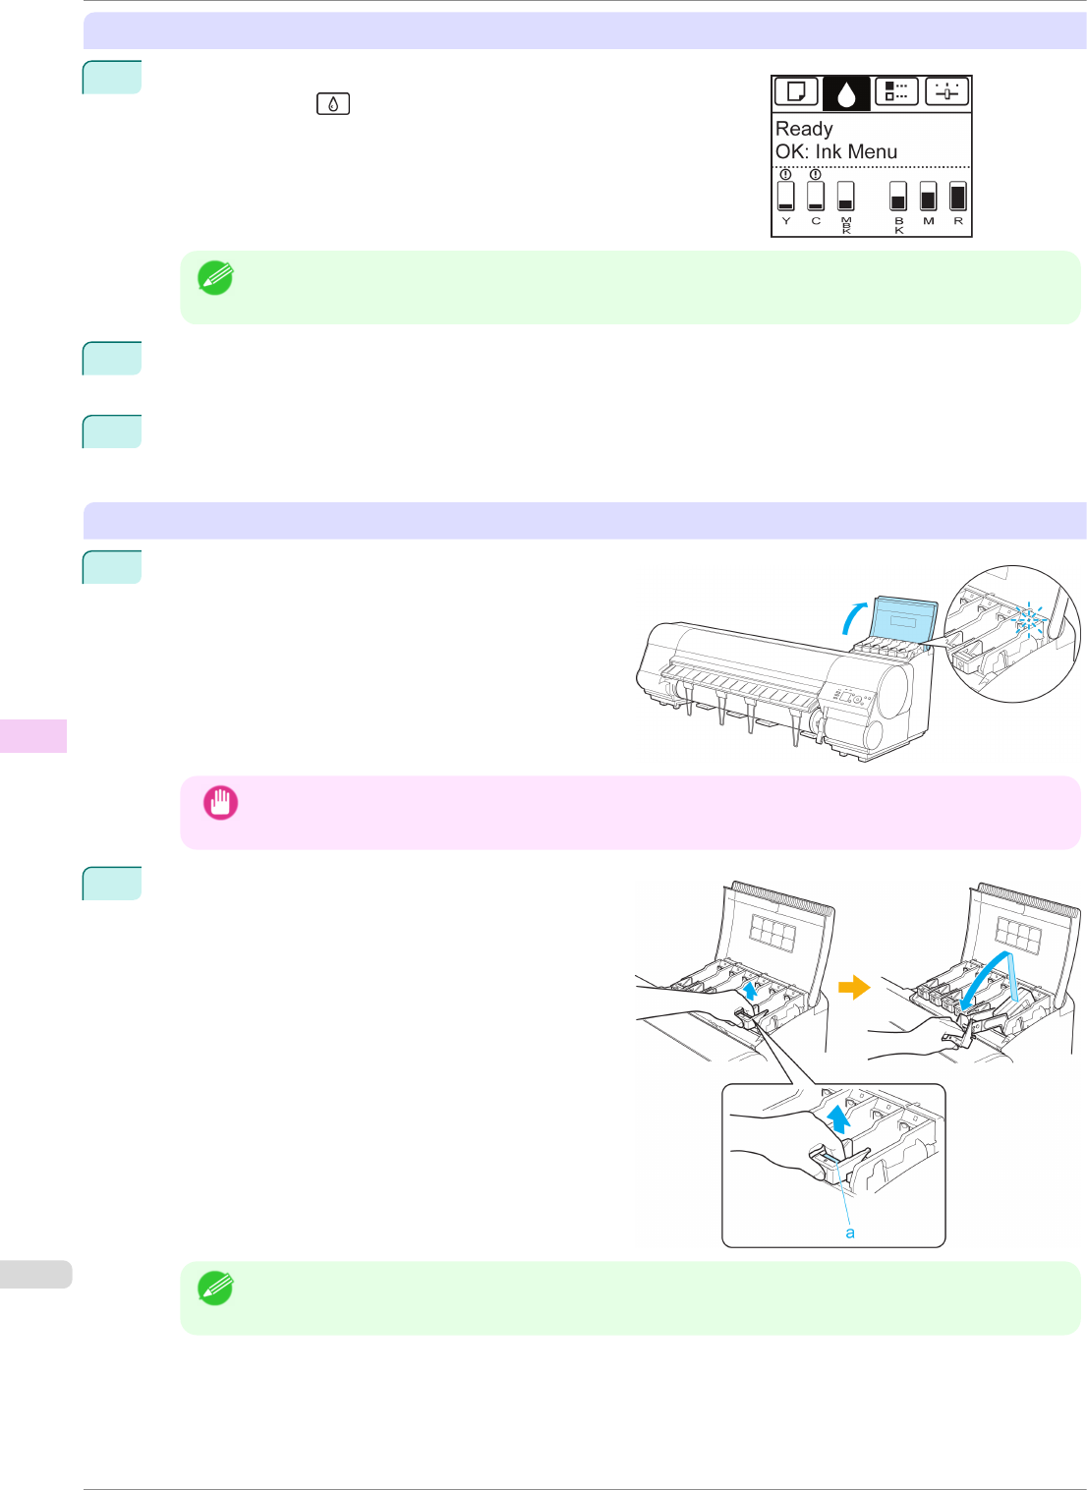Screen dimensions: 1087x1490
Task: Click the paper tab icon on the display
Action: click(796, 92)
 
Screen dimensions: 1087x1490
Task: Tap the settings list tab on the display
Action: click(896, 92)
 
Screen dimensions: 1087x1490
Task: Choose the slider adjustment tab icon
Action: click(946, 92)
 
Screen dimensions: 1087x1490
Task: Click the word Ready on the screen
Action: click(804, 129)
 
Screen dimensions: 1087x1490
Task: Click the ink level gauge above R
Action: click(958, 196)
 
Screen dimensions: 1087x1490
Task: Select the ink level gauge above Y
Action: click(785, 196)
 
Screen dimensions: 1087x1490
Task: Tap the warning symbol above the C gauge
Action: click(816, 174)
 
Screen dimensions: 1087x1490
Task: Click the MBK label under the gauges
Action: click(846, 225)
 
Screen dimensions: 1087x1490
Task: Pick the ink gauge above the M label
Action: click(928, 196)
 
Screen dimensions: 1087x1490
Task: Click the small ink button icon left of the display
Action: click(333, 103)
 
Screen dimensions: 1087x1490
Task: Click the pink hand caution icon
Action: click(220, 803)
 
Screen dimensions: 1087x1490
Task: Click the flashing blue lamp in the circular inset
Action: click(1028, 619)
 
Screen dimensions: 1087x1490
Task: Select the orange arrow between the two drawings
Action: click(853, 986)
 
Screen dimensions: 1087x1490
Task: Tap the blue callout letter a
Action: click(850, 1232)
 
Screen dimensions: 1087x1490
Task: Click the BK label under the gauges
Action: click(898, 225)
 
